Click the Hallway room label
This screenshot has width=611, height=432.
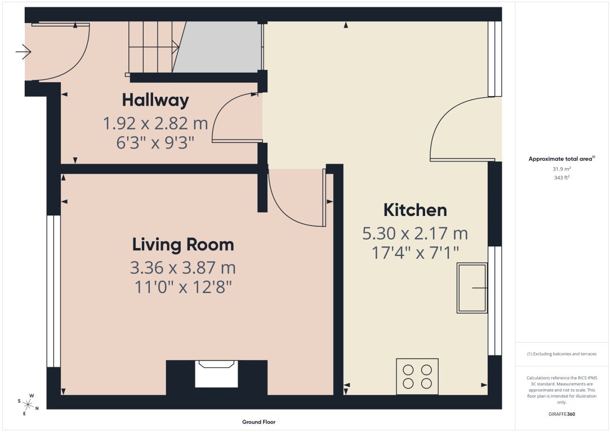(155, 101)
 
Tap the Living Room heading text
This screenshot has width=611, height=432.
(183, 245)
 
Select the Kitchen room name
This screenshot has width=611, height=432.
(415, 210)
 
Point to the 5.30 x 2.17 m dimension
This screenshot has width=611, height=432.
(415, 233)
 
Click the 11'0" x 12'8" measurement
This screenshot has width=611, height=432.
(183, 287)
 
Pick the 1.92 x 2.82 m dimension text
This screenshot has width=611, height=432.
(155, 123)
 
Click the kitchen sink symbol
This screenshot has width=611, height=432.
(472, 287)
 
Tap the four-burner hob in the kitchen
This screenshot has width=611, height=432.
(417, 377)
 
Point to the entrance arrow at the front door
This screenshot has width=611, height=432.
(24, 53)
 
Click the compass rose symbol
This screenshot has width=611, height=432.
(27, 404)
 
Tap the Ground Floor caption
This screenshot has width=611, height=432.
(258, 422)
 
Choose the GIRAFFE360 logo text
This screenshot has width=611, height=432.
(561, 414)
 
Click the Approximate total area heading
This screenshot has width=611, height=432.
(561, 159)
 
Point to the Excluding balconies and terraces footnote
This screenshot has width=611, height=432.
(561, 354)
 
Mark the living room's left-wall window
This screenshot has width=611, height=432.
(53, 291)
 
